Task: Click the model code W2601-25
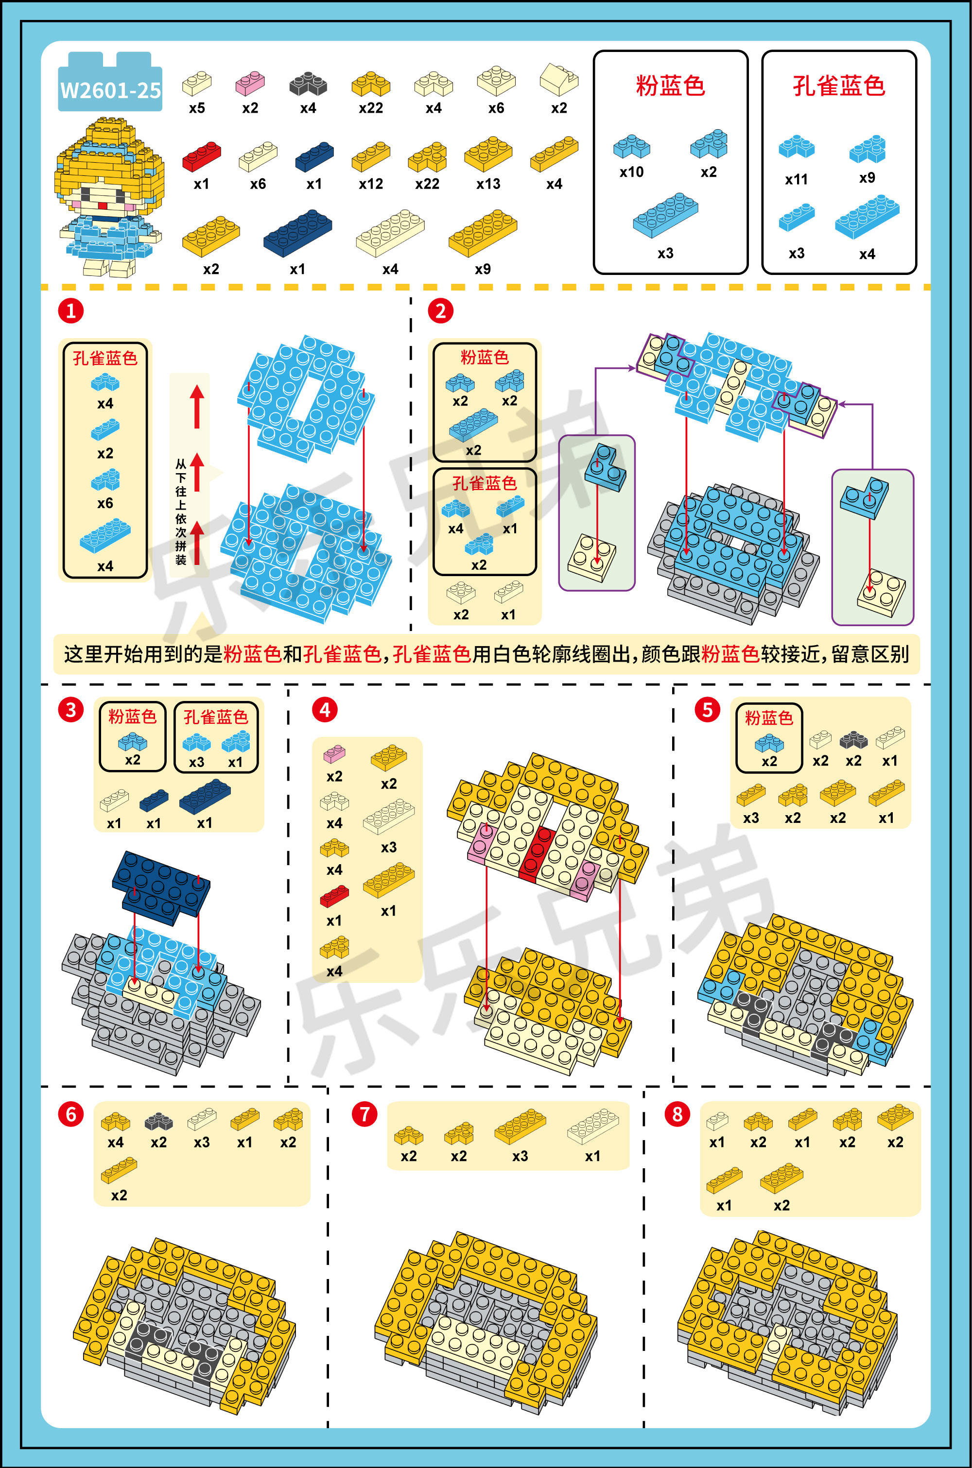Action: (110, 90)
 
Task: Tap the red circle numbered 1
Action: (70, 310)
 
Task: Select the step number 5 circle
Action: (707, 710)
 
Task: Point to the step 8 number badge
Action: (677, 1114)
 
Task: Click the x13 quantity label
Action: (488, 184)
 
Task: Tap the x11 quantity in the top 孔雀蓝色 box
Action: (796, 180)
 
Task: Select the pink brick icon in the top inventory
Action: (250, 83)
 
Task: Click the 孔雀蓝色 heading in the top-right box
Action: (839, 85)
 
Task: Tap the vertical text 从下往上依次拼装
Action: (180, 512)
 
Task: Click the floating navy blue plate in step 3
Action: (161, 883)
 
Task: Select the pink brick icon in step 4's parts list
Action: (334, 754)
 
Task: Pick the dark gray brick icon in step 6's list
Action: (159, 1121)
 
